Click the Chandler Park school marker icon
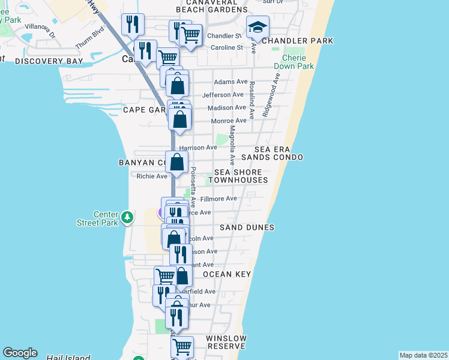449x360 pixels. pos(258,28)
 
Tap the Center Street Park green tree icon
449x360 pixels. pos(127,217)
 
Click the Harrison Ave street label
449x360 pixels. pos(203,147)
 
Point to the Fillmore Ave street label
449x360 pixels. pos(218,199)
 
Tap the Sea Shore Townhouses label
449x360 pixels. pos(237,176)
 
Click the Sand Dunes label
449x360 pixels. pos(247,227)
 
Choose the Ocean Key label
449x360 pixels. pos(226,274)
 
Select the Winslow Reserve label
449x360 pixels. pos(226,342)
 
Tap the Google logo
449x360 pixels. pos(20,353)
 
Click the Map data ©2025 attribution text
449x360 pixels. pos(423,355)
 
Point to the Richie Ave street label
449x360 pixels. pos(151,176)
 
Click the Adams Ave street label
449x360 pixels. pos(231,82)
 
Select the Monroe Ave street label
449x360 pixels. pos(229,121)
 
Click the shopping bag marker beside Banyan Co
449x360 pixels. pos(177,162)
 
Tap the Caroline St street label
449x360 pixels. pos(225,47)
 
